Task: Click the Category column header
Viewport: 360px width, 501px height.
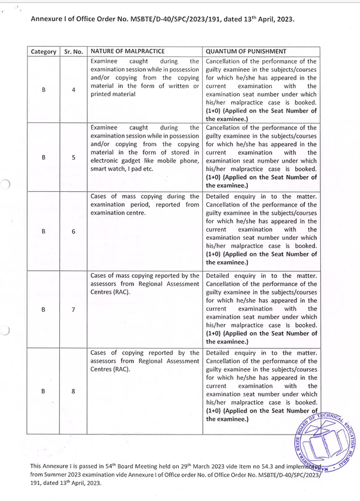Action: click(x=44, y=51)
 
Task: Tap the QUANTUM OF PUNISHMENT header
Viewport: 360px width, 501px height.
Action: click(x=244, y=51)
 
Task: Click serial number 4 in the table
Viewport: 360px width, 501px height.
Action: click(x=73, y=90)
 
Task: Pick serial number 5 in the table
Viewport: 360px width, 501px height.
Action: click(x=73, y=158)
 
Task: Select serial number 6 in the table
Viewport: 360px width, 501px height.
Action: click(x=73, y=232)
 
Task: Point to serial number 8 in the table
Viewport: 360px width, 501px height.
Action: click(x=73, y=391)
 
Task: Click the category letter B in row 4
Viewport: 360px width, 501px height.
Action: click(x=44, y=90)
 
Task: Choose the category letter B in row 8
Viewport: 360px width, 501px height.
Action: click(x=44, y=391)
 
